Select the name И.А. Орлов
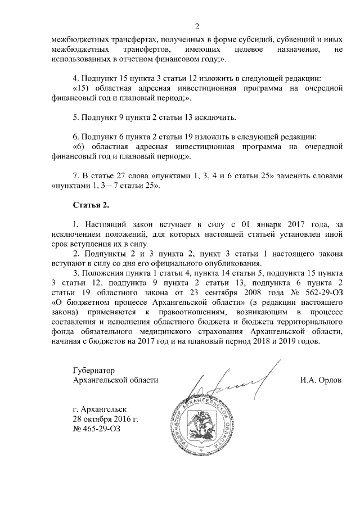[321, 380]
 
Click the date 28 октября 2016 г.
[105, 420]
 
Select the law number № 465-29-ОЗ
[96, 430]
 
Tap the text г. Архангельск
[100, 409]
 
